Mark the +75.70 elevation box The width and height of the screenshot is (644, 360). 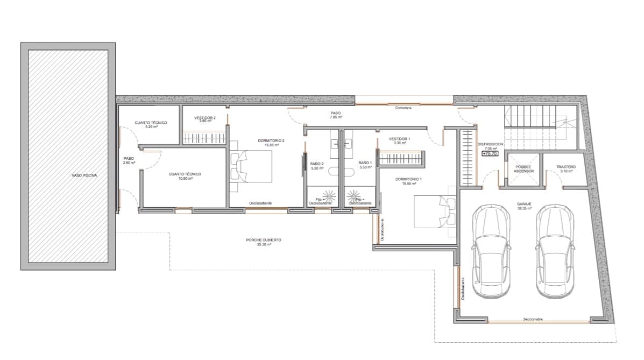(490, 153)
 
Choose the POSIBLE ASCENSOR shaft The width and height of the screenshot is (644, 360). (523, 169)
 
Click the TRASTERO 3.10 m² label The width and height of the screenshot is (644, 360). (566, 169)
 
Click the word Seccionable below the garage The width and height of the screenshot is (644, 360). (533, 320)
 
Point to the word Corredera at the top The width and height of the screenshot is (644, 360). (403, 108)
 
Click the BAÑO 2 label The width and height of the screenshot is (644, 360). (317, 165)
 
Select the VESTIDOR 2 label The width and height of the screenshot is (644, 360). (205, 119)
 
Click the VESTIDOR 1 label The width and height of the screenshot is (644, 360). (399, 141)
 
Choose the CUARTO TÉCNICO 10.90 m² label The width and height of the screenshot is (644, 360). (185, 176)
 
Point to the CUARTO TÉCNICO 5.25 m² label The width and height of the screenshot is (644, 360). (151, 125)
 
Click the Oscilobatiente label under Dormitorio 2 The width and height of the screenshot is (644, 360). (260, 203)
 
